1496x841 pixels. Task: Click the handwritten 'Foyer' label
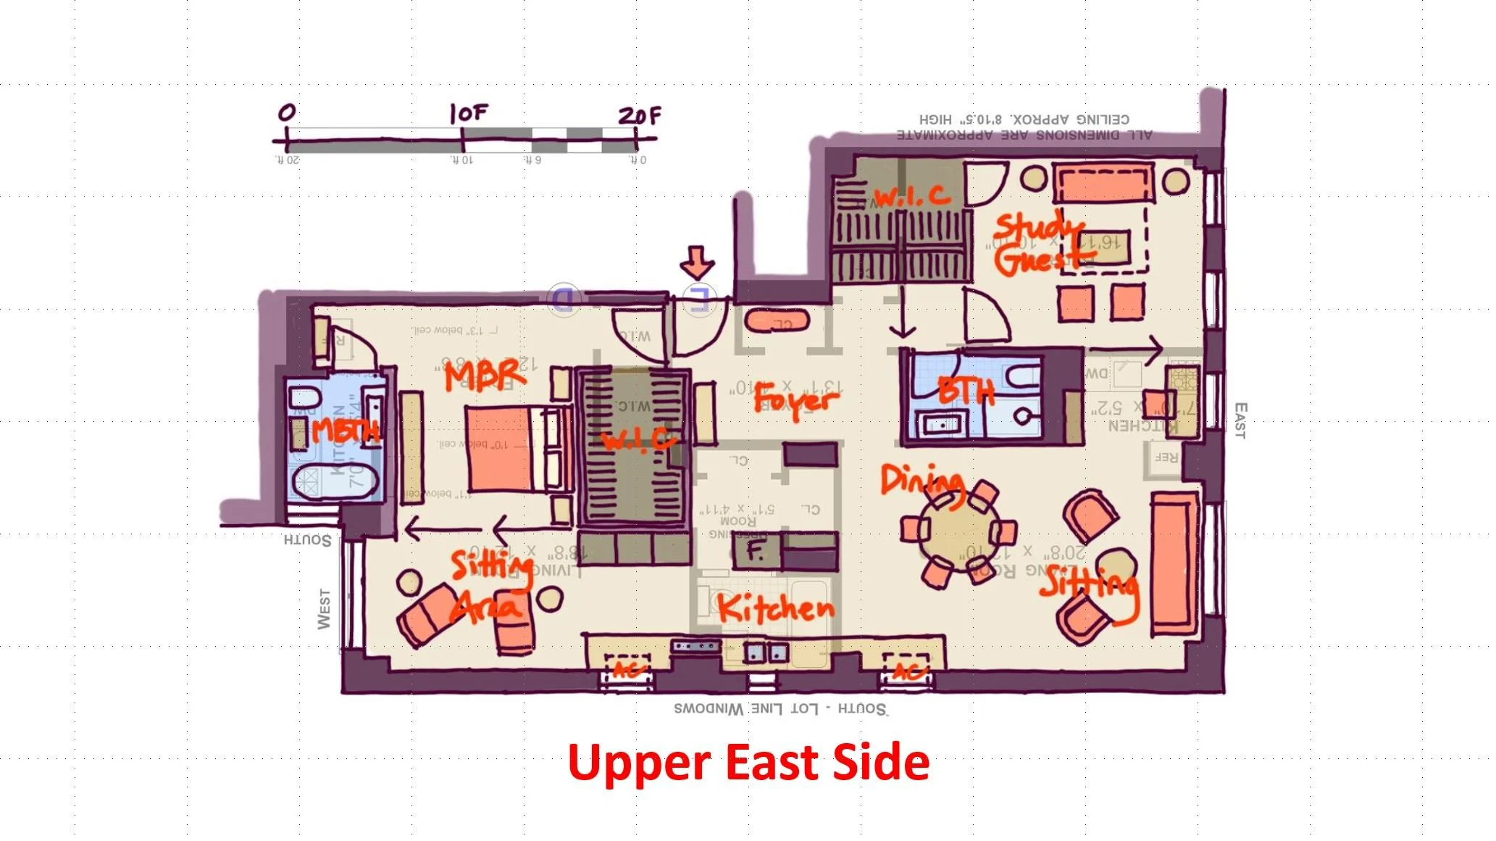coord(795,399)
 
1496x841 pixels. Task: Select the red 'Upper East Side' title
coord(748,762)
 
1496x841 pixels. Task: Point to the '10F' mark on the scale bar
coord(468,113)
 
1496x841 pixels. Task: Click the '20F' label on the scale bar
coord(639,115)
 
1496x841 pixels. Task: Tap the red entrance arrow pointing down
coord(697,262)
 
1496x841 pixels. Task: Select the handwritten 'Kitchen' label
coord(776,608)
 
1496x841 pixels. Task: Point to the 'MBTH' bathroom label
coord(346,431)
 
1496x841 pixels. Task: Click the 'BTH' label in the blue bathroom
coord(966,392)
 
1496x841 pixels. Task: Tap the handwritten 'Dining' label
coord(922,481)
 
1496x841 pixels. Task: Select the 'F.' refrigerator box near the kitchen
coord(756,551)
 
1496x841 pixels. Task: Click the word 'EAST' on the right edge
coord(1240,420)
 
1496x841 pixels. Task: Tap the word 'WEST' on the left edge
coord(324,609)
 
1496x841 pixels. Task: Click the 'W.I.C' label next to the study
coord(911,196)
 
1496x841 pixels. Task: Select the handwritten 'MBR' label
coord(484,375)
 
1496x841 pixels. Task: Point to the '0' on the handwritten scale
coord(287,113)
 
